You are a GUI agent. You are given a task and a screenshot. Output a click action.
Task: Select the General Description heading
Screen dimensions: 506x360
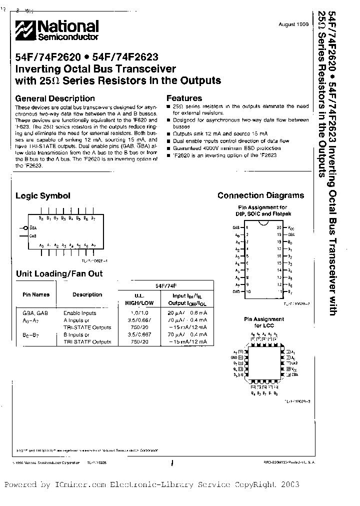point(55,98)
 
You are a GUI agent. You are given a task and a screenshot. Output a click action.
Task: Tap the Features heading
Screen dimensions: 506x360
point(184,98)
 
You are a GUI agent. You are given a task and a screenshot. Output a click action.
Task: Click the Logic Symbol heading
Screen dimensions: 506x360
point(43,196)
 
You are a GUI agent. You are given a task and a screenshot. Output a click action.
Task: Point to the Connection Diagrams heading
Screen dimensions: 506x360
point(260,195)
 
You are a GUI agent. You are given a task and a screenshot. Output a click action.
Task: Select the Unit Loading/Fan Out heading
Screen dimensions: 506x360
point(59,273)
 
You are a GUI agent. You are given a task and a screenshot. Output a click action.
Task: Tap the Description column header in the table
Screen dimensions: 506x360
point(87,295)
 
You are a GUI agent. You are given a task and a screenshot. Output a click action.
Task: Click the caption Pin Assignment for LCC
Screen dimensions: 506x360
point(263,322)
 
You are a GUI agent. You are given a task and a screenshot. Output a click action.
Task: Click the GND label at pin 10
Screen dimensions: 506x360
point(236,290)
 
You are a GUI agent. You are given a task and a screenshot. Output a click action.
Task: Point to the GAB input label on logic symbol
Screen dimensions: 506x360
point(33,235)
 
